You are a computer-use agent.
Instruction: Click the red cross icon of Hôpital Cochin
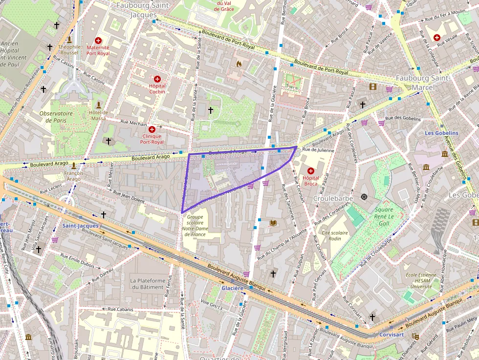tap(157, 79)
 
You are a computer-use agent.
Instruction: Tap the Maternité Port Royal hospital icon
tap(98, 41)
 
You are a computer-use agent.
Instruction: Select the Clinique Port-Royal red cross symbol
tap(152, 129)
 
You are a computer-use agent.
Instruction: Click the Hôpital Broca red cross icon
tap(311, 171)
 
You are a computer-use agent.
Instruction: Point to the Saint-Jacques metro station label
tap(80, 226)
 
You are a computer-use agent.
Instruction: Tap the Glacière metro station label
tap(232, 288)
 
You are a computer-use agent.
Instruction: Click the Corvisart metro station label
tap(392, 335)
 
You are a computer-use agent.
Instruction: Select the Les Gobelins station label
tap(441, 133)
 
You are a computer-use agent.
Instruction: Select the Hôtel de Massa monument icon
tap(98, 105)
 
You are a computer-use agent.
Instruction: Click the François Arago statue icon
tap(74, 165)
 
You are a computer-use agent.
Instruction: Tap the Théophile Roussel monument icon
tap(69, 39)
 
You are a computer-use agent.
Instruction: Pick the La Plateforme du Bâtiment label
tap(147, 284)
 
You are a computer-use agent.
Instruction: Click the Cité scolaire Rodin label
tap(335, 236)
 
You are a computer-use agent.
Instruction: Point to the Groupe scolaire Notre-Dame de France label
tap(195, 226)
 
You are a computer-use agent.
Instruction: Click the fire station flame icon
tap(239, 64)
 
